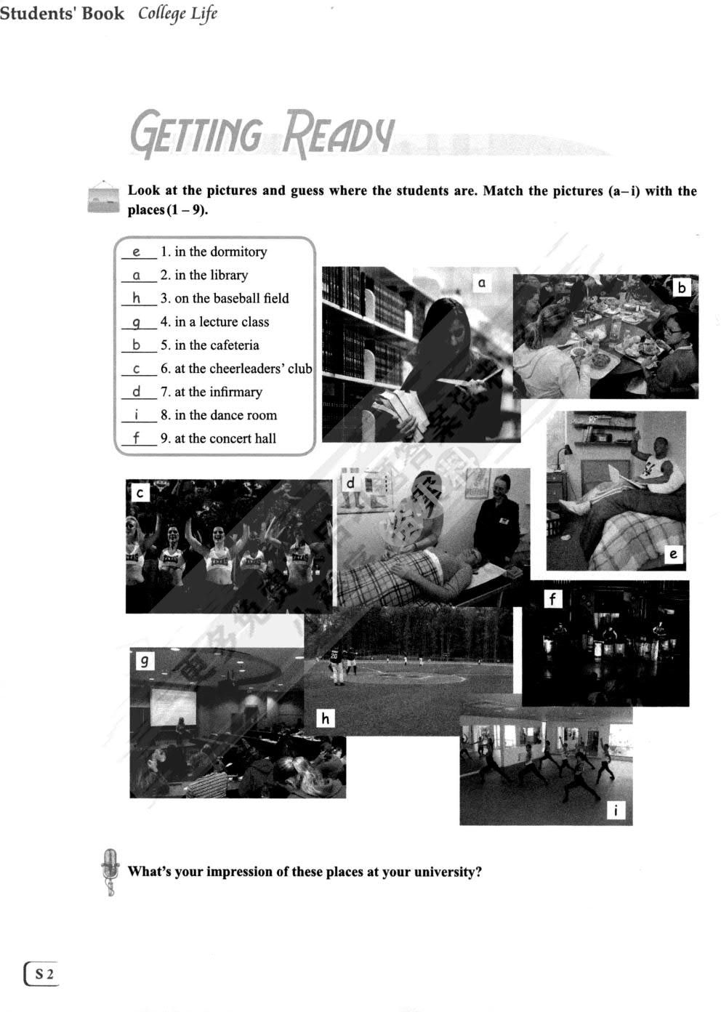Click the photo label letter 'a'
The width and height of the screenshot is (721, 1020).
point(481,283)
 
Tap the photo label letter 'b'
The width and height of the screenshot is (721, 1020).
point(682,288)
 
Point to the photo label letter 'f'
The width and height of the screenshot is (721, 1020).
point(554,599)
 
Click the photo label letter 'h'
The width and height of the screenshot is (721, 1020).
point(325,718)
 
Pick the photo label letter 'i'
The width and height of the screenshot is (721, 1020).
point(616,810)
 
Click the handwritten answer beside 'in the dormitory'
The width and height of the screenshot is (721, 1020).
point(137,252)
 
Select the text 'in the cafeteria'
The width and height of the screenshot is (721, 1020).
point(216,345)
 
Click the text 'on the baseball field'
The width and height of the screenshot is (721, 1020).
point(231,298)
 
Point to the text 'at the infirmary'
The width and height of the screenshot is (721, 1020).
point(217,392)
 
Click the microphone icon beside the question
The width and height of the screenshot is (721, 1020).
point(110,871)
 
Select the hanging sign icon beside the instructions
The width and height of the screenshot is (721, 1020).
point(102,198)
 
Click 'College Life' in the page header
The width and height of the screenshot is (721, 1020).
point(178,14)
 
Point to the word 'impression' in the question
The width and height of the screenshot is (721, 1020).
point(240,872)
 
